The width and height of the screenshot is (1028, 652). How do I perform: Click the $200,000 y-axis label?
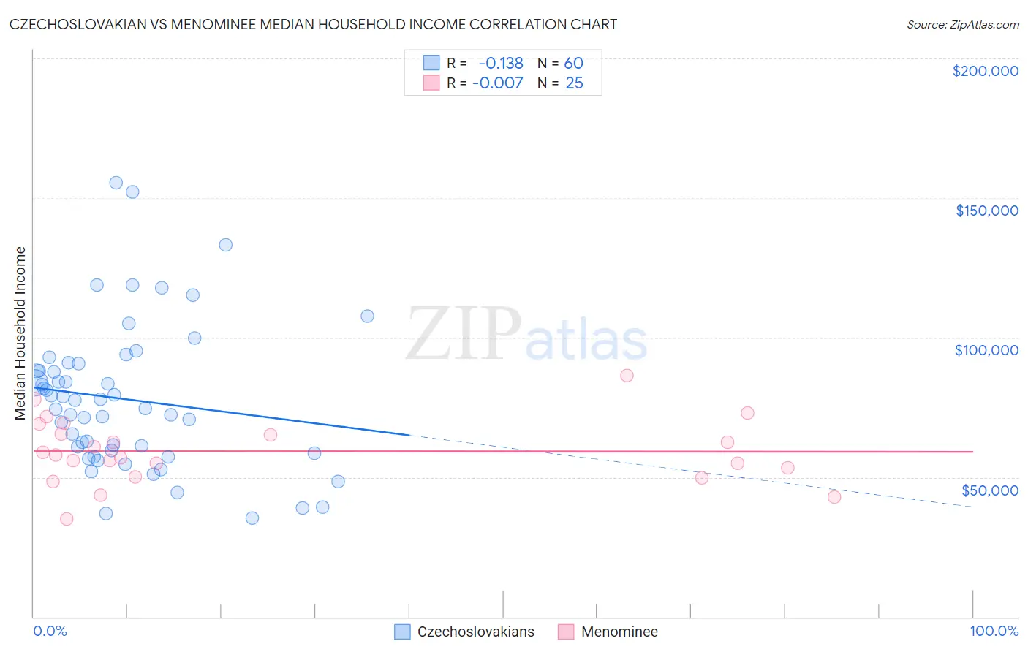click(985, 71)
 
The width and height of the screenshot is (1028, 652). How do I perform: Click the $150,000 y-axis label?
click(986, 211)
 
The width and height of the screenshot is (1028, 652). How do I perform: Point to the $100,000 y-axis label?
click(986, 350)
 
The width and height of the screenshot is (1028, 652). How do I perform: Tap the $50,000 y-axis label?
click(989, 490)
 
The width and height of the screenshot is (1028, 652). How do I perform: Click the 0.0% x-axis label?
click(50, 632)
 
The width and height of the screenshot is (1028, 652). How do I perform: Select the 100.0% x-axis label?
click(994, 632)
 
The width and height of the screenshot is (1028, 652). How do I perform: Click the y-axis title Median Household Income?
click(20, 333)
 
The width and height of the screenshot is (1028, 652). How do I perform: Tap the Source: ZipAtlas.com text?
click(962, 25)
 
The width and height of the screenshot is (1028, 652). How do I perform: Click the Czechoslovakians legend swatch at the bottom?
click(402, 632)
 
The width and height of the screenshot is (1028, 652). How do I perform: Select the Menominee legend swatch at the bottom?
click(566, 632)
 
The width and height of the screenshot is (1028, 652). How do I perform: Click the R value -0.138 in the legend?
click(501, 64)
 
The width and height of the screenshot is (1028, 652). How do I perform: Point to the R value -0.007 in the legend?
click(498, 83)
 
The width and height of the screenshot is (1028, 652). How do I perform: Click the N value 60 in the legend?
click(573, 64)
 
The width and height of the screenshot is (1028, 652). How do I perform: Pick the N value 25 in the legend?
click(574, 83)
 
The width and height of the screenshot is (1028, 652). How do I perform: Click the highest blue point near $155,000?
click(116, 183)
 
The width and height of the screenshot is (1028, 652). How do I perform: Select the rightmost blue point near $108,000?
click(367, 316)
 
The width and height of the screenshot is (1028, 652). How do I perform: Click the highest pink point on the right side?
click(627, 376)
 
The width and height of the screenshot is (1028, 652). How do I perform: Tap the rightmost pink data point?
click(834, 497)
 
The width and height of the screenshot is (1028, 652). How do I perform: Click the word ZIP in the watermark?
click(463, 335)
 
